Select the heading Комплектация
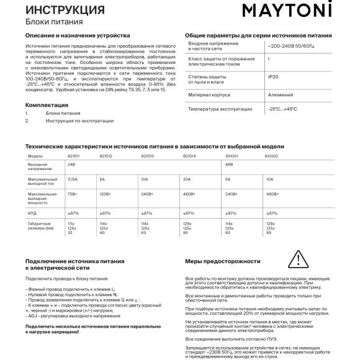pyautogui.click(x=47, y=105)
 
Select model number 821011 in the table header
pyautogui.click(x=73, y=155)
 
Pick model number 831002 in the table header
pyautogui.click(x=272, y=155)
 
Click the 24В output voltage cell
pyautogui.click(x=70, y=164)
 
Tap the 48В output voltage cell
pyautogui.click(x=228, y=164)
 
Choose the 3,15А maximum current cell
pyautogui.click(x=72, y=179)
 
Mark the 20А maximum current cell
pyautogui.click(x=187, y=179)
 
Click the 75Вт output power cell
pyautogui.click(x=71, y=194)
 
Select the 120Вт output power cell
pyautogui.click(x=105, y=194)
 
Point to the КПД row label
pyautogui.click(x=32, y=212)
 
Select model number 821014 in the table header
pyautogui.click(x=189, y=155)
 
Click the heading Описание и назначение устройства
pyautogui.click(x=78, y=37)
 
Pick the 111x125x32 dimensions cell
pyautogui.click(x=71, y=227)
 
